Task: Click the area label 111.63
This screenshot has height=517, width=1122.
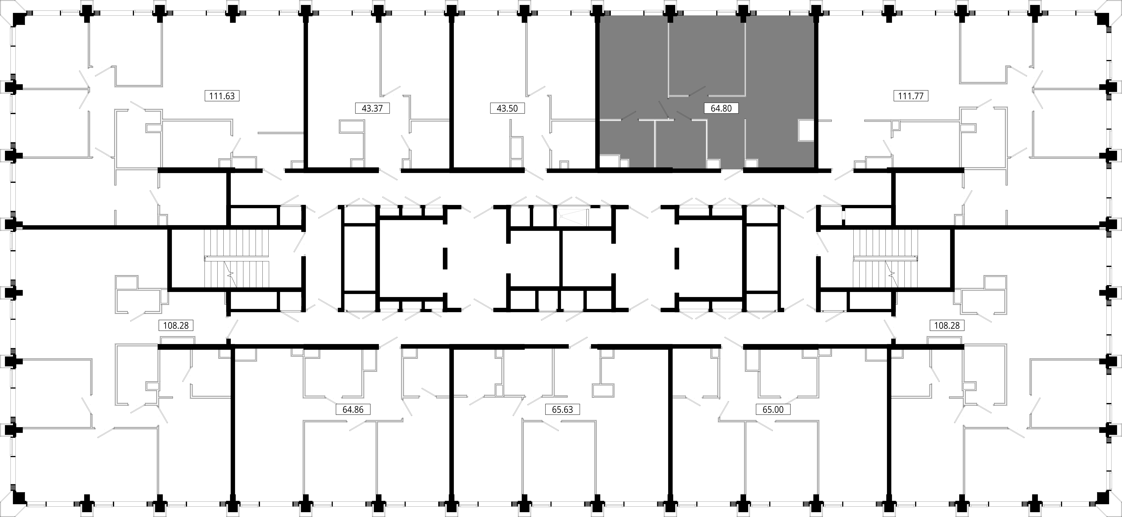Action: click(222, 96)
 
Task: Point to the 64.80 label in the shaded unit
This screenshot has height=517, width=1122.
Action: click(721, 108)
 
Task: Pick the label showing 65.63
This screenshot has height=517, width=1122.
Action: click(562, 409)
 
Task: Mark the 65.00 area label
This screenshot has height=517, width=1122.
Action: click(773, 409)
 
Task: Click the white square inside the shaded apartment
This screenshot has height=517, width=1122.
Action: click(806, 130)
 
